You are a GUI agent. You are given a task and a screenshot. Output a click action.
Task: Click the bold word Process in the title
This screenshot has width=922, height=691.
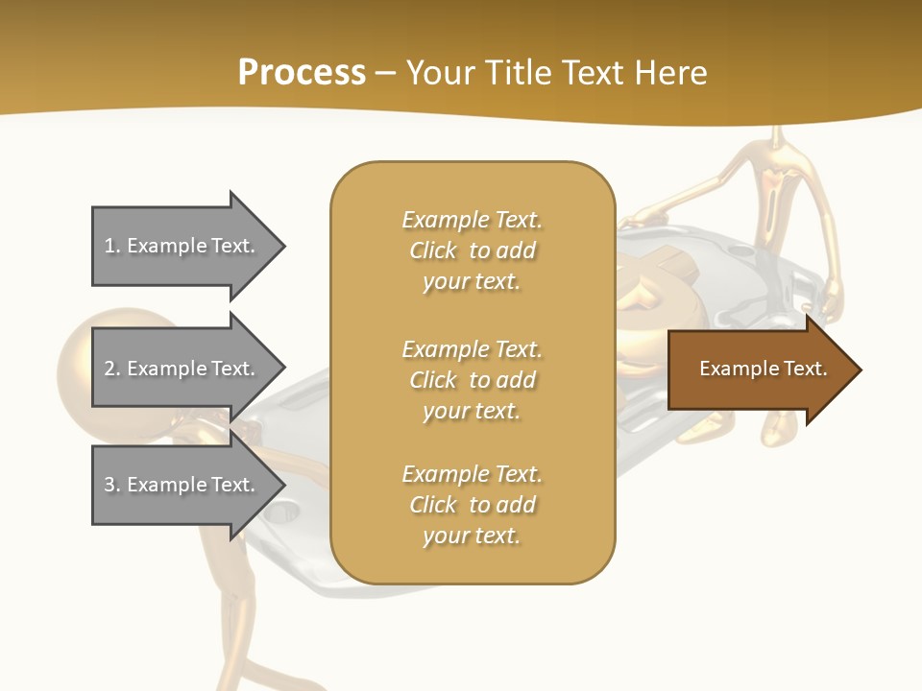pyautogui.click(x=302, y=73)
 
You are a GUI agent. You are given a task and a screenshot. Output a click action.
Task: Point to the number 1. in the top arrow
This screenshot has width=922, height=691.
pyautogui.click(x=112, y=247)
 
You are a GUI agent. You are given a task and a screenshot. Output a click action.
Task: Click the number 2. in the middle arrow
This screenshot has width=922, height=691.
pyautogui.click(x=112, y=369)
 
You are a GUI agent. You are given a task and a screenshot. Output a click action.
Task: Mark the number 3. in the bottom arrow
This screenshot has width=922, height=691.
pyautogui.click(x=112, y=486)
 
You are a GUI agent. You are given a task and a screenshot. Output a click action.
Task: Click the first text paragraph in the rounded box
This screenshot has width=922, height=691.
pyautogui.click(x=472, y=250)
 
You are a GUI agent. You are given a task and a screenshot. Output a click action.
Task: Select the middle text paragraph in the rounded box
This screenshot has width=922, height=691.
pyautogui.click(x=472, y=380)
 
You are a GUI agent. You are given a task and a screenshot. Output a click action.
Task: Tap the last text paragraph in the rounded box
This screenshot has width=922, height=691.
pyautogui.click(x=472, y=505)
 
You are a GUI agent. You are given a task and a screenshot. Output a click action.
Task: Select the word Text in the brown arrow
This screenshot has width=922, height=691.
pyautogui.click(x=806, y=369)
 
